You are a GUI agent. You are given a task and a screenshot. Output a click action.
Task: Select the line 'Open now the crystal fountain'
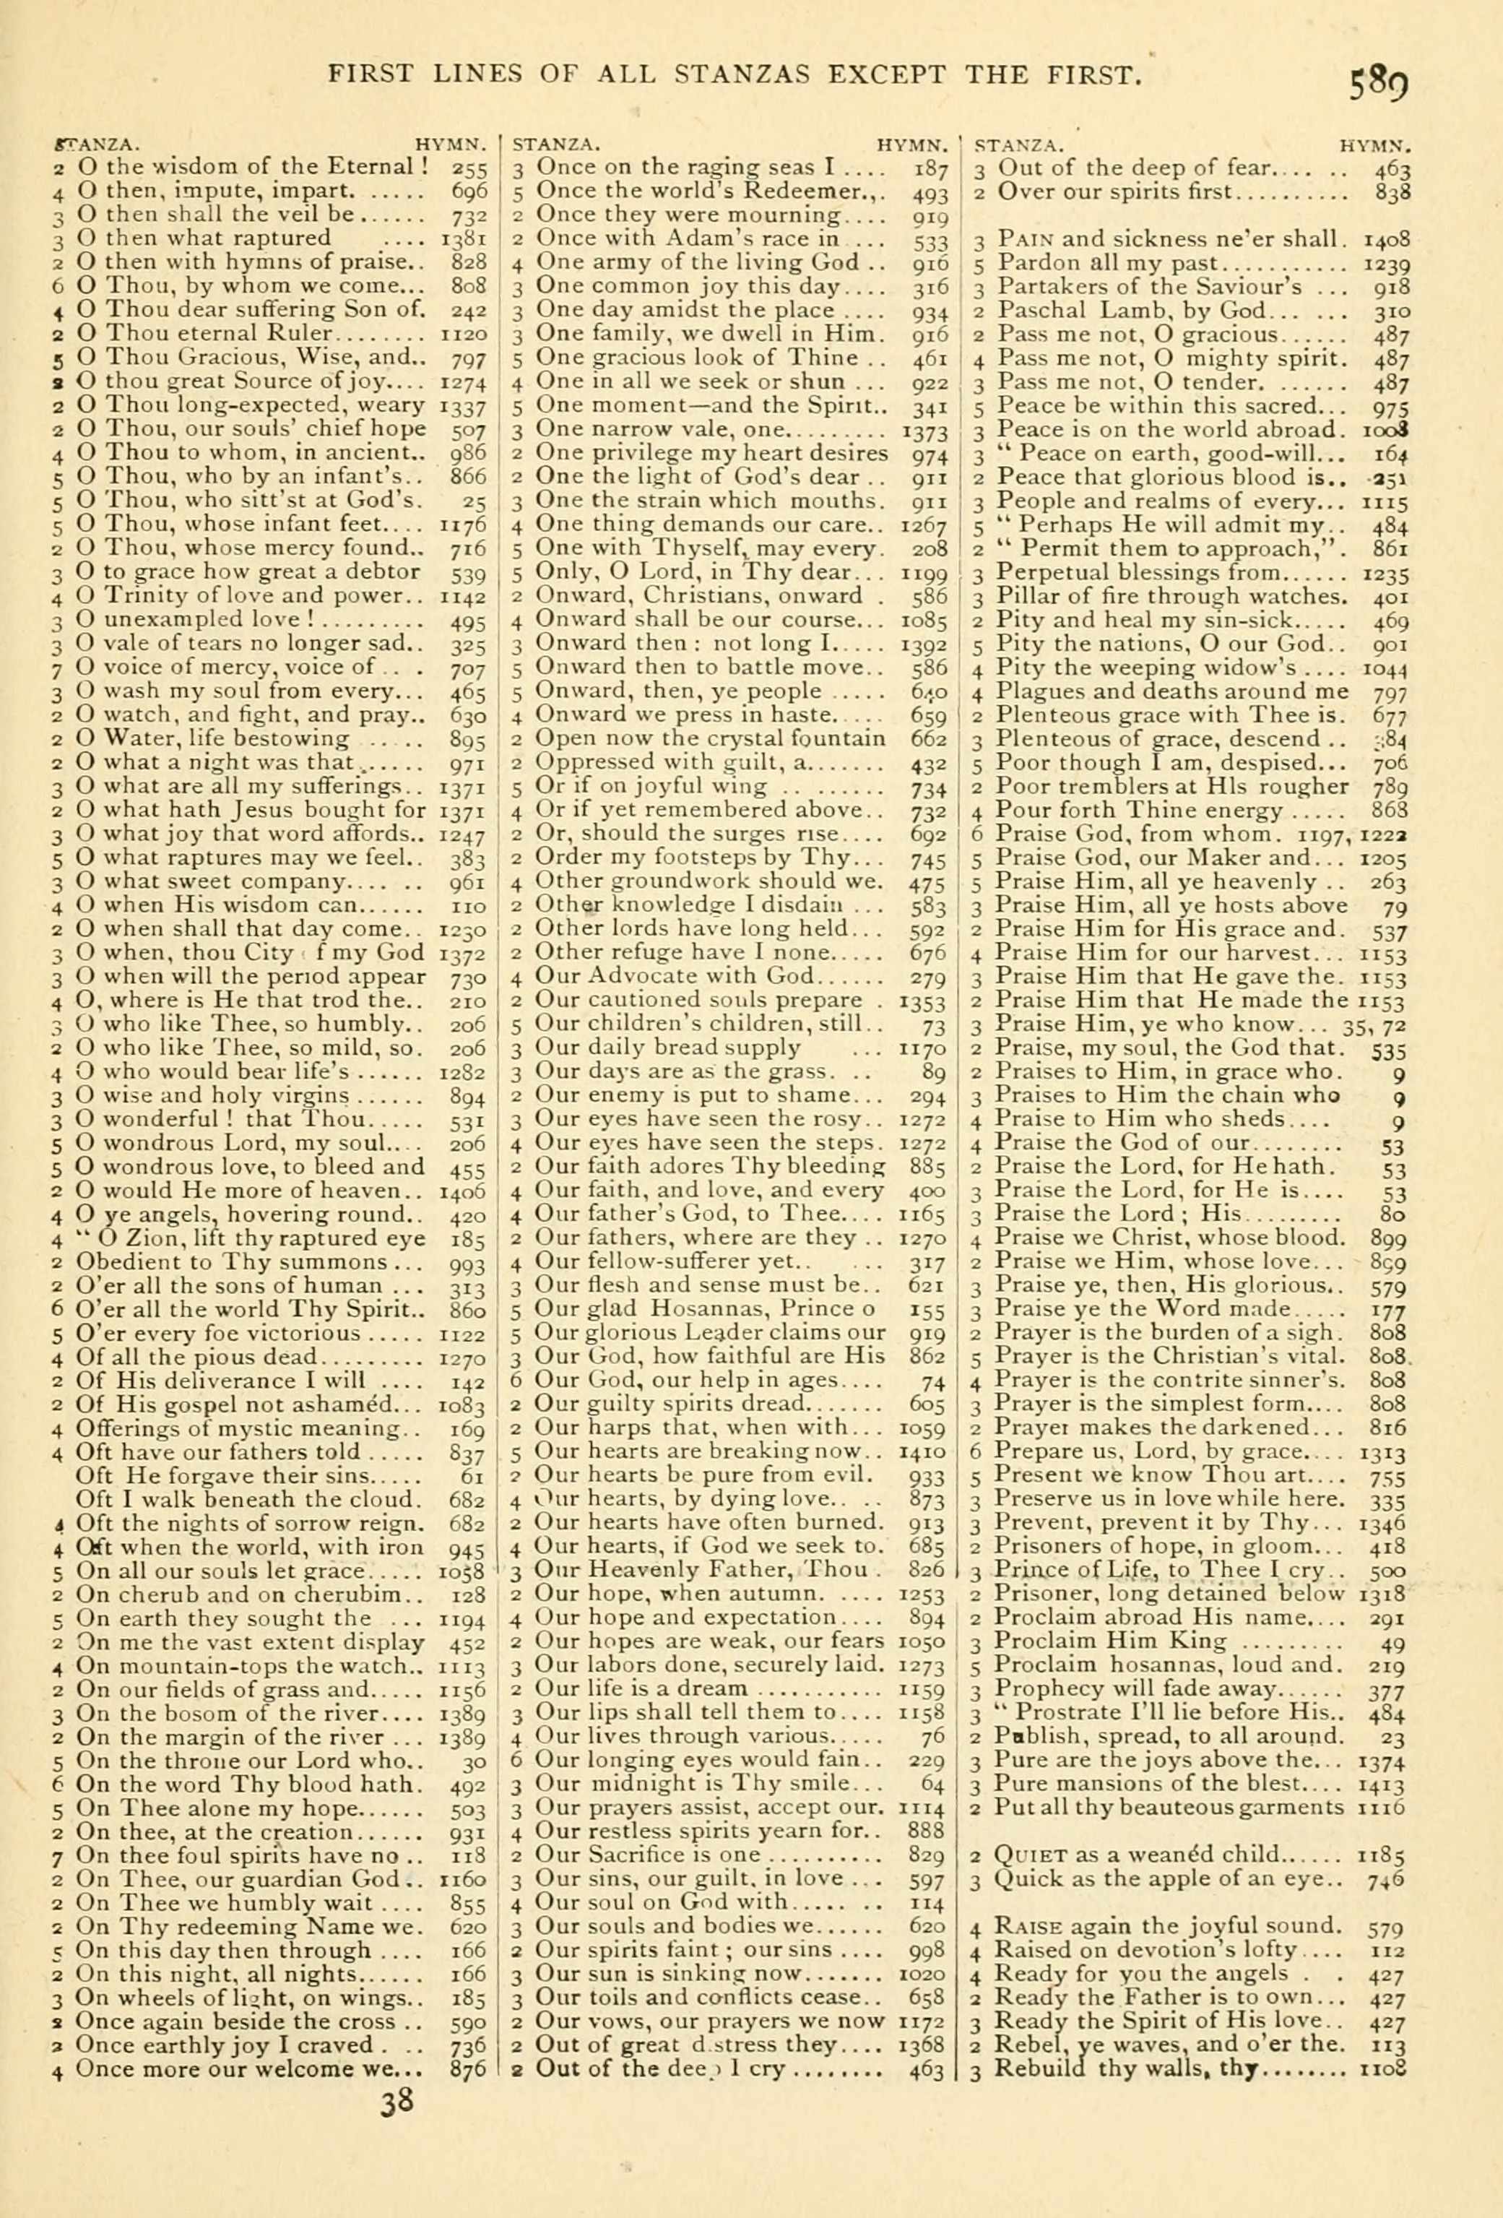pyautogui.click(x=710, y=738)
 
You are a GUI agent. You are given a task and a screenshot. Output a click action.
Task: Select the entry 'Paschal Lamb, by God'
pyautogui.click(x=1131, y=310)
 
